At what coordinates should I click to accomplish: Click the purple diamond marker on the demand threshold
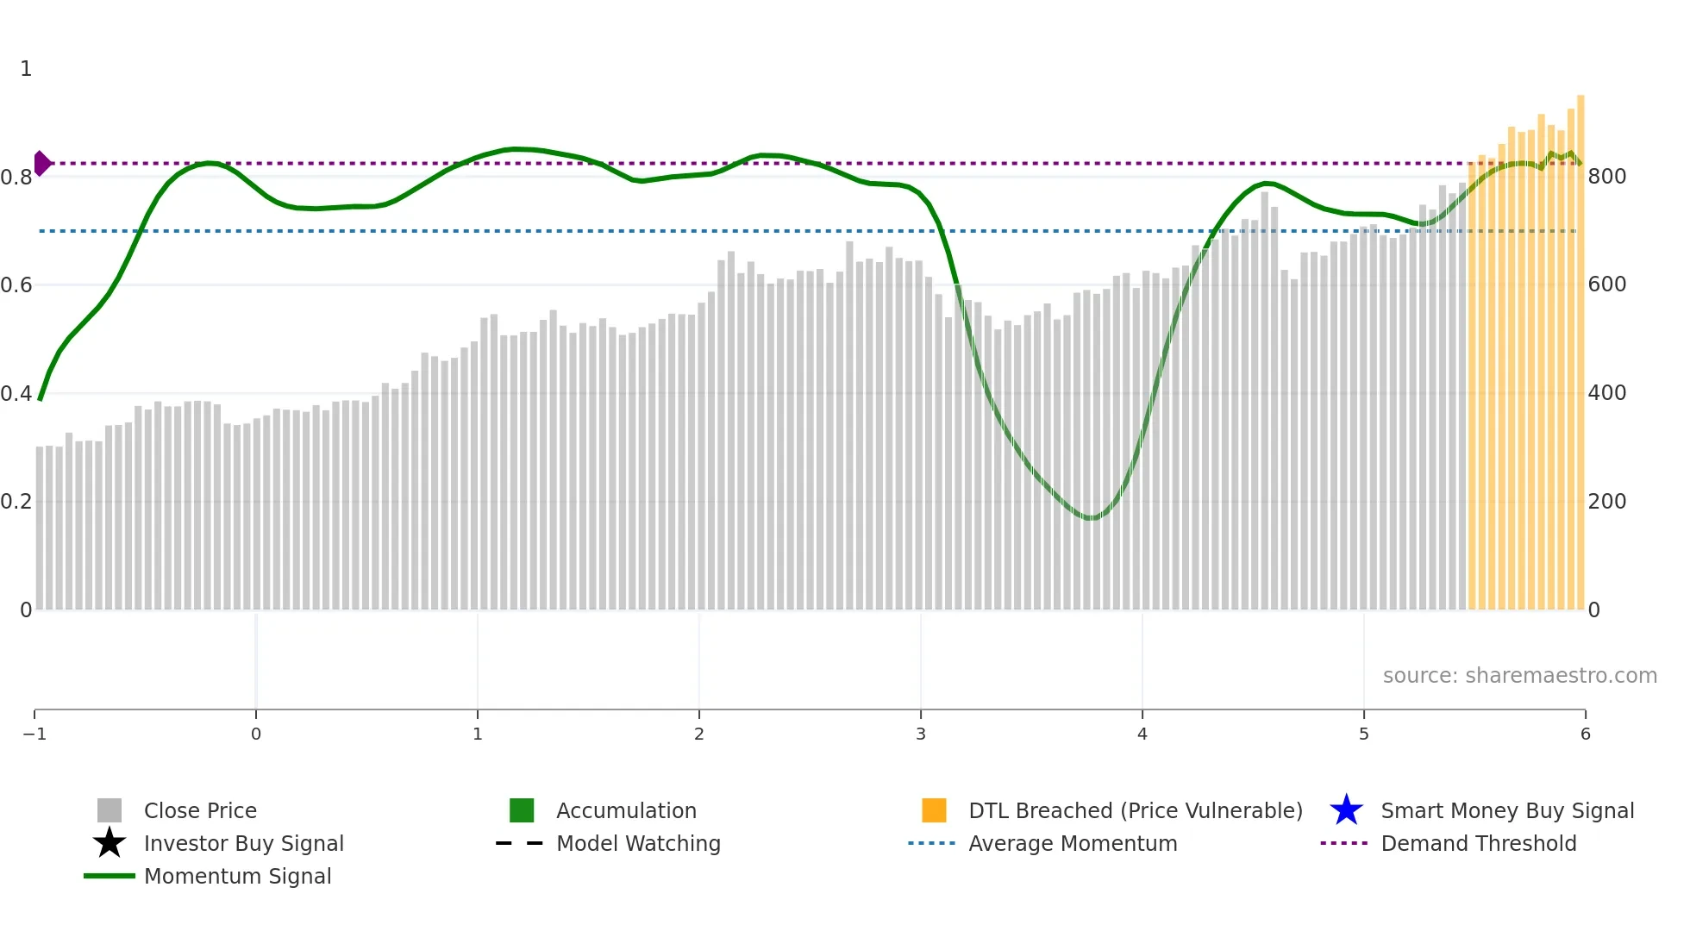click(x=42, y=163)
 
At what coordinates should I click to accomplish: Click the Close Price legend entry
click(x=199, y=810)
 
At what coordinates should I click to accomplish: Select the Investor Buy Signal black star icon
click(x=110, y=843)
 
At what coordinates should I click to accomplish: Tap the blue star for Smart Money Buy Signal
click(x=1346, y=810)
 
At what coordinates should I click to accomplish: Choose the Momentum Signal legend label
click(x=237, y=876)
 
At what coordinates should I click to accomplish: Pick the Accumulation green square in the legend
click(x=522, y=810)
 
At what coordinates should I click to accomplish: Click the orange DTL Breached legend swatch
click(x=934, y=810)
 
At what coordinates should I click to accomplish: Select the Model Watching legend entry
click(x=637, y=843)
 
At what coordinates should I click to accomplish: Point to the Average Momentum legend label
click(x=1072, y=843)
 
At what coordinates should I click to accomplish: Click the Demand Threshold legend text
click(x=1478, y=843)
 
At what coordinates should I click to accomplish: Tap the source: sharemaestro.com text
click(x=1519, y=676)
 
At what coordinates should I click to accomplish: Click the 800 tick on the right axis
click(x=1606, y=177)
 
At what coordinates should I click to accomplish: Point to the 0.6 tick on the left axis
click(x=16, y=285)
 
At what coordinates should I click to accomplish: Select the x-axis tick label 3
click(x=921, y=734)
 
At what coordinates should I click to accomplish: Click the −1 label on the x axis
click(x=34, y=734)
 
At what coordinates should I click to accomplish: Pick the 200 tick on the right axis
click(x=1606, y=502)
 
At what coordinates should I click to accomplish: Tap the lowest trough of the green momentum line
click(x=1091, y=518)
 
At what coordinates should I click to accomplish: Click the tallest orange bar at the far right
click(x=1580, y=345)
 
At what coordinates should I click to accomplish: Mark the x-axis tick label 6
click(x=1585, y=734)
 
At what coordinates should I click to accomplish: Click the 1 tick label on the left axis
click(x=26, y=69)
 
